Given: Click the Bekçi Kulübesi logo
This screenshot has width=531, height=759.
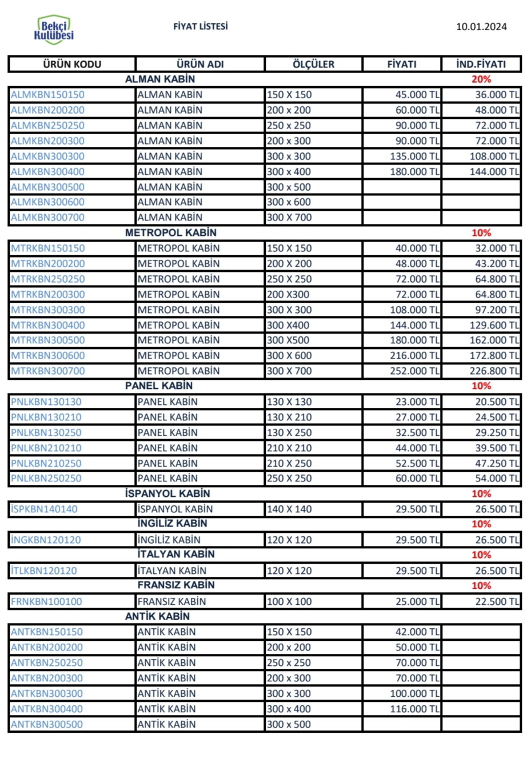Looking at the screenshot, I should click(54, 30).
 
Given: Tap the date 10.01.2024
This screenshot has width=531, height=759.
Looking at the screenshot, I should click(481, 26).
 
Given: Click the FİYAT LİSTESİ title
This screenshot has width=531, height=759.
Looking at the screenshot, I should click(200, 26).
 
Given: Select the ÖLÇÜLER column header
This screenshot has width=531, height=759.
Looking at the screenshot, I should click(313, 65).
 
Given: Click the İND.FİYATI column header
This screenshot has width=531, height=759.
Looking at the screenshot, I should click(481, 65).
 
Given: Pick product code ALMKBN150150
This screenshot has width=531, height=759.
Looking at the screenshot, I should click(47, 95).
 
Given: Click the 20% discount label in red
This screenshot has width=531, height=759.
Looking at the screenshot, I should click(481, 79).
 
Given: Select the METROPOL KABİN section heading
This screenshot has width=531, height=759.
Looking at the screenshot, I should click(171, 232).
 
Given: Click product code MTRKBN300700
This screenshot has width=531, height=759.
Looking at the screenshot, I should click(47, 371).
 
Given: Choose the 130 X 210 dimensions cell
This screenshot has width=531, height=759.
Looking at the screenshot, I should click(289, 417).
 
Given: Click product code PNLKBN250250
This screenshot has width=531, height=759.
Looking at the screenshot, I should click(46, 479).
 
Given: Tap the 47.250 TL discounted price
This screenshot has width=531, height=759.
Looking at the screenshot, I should click(497, 463).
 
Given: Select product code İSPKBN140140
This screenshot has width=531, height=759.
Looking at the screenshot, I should click(44, 509).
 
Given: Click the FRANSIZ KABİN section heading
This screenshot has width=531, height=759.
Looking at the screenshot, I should click(175, 585).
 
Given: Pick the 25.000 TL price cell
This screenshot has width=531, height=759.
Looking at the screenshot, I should click(417, 601).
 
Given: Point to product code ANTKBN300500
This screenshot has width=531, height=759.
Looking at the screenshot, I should click(47, 725).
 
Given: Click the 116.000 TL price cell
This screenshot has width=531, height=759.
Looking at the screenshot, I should click(414, 709).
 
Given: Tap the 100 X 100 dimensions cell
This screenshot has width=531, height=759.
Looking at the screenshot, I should click(289, 601).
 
